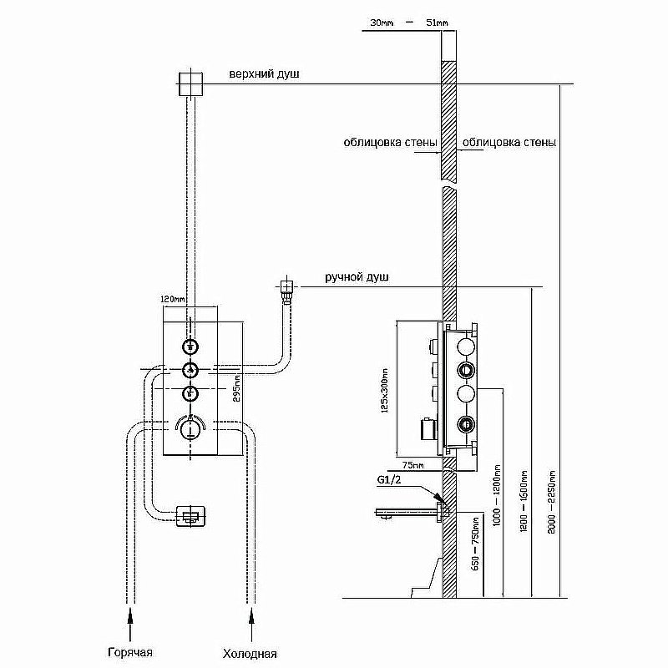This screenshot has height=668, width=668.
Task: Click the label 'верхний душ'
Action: [x=264, y=74]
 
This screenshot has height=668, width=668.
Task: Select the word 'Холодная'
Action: [x=249, y=653]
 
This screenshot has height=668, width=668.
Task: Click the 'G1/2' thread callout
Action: [x=389, y=479]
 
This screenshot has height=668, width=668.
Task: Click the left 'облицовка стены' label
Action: [x=390, y=143]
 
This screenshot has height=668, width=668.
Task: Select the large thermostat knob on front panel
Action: [x=190, y=429]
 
